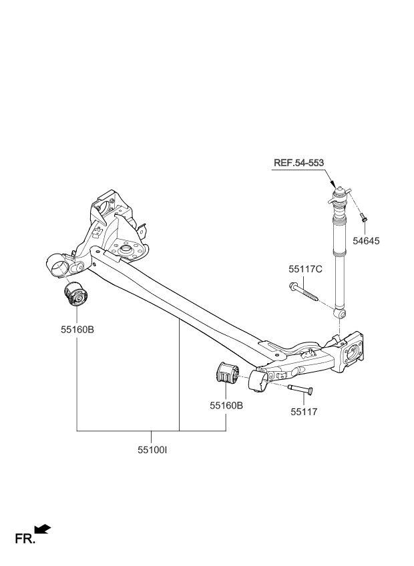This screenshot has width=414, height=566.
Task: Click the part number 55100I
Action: point(152,451)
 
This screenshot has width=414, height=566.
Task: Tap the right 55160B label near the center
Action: point(226,404)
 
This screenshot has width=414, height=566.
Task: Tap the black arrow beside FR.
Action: point(43,529)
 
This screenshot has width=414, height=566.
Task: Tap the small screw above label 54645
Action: point(363,216)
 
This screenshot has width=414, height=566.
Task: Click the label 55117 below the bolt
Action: point(303,412)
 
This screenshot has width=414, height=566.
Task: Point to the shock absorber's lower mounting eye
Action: point(341,313)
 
